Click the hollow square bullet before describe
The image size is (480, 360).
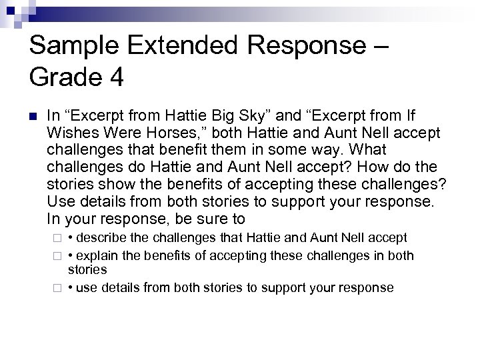point(57,238)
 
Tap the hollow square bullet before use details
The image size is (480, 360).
point(57,288)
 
